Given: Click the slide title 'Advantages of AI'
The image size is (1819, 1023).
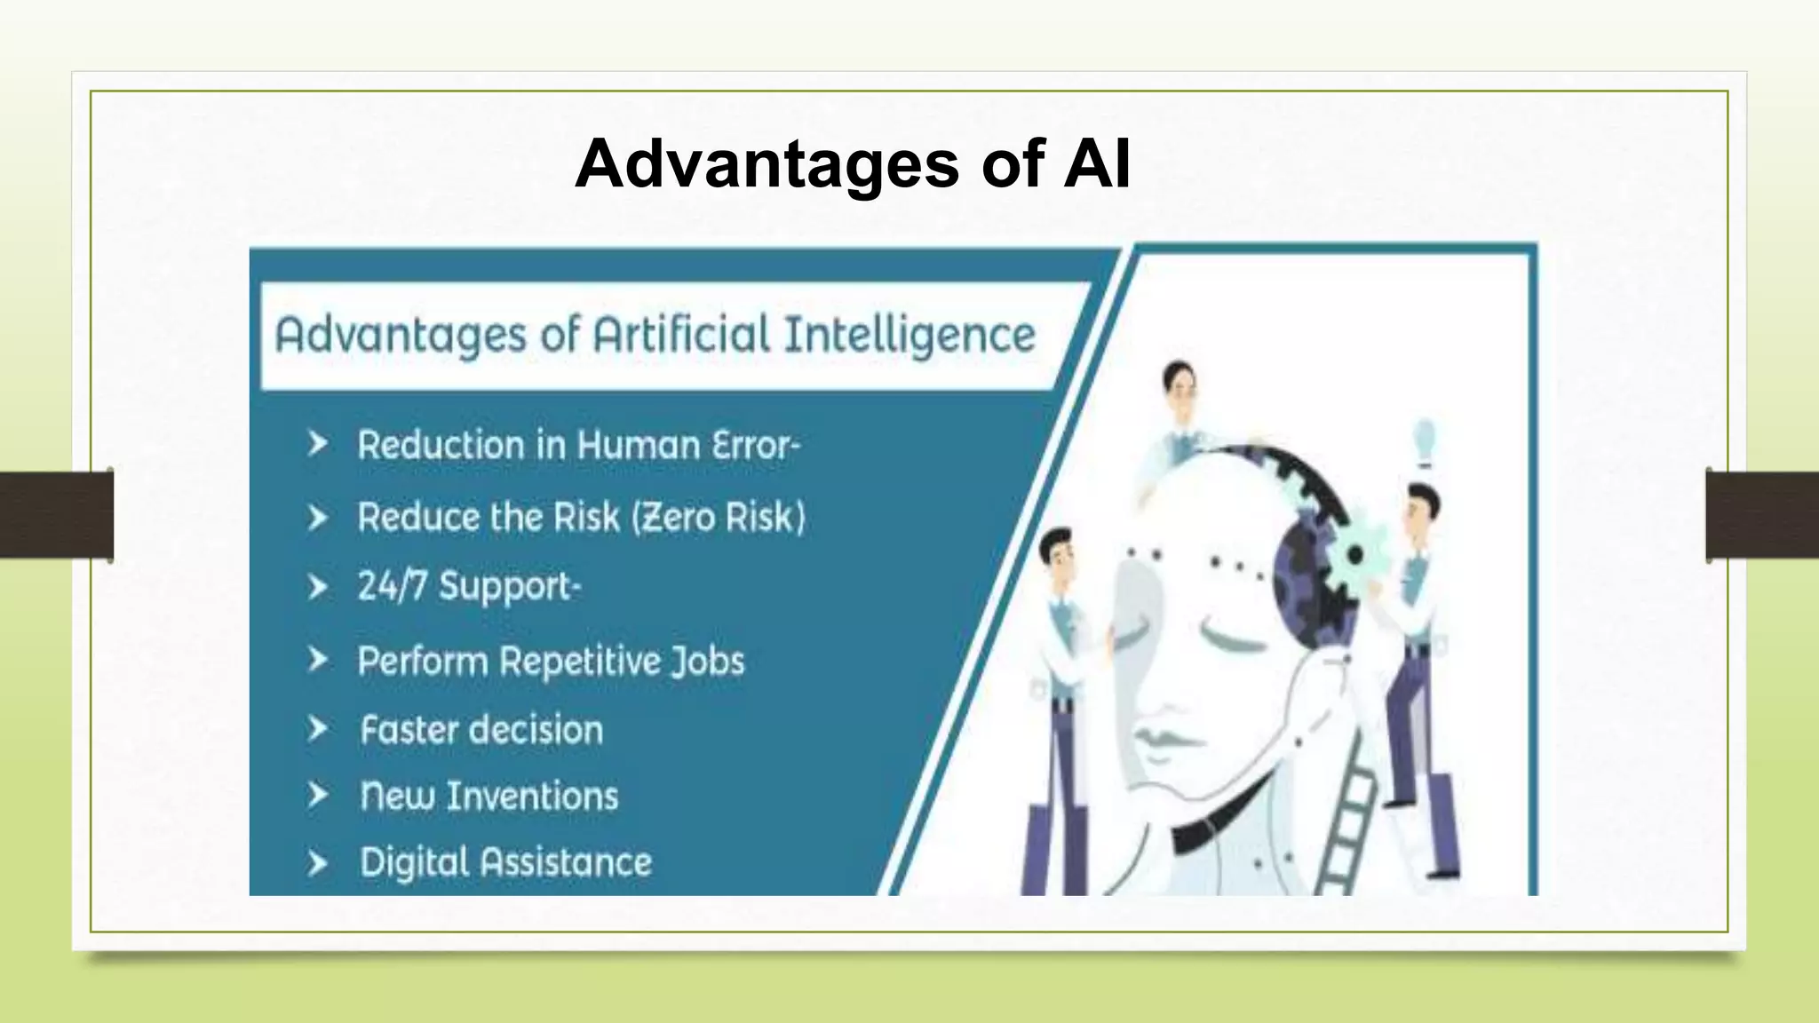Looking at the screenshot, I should (853, 164).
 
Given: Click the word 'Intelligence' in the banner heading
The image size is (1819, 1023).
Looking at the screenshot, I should (909, 336).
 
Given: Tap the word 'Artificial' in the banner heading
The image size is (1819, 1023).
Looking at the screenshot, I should (681, 336).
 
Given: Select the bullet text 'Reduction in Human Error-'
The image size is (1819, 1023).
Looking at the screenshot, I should (578, 445).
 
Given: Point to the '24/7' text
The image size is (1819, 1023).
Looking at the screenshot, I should (392, 586).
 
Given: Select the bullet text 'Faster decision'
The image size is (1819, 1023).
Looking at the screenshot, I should (481, 730).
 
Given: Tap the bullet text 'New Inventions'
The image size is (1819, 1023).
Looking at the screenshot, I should (489, 796).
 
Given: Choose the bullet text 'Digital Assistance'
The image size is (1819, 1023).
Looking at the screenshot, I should (505, 862).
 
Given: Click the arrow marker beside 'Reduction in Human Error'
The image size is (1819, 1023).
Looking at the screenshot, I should (318, 444).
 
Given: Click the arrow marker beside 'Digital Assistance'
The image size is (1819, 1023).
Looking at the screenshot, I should (318, 862).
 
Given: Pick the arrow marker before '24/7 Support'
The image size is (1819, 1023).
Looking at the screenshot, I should (318, 587).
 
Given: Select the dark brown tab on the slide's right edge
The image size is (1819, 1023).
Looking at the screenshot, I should (1762, 515).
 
